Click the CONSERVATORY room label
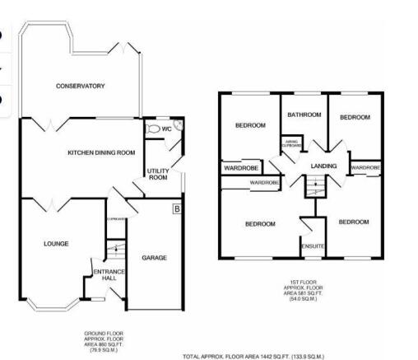coord(81,86)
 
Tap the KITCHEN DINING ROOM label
coord(100,152)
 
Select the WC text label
coord(166,129)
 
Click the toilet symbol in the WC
coord(151,129)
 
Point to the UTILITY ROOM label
coord(157,174)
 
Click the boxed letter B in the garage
coord(175,208)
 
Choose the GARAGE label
coord(154,258)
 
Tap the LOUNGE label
coord(56,243)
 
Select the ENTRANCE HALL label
coord(108,275)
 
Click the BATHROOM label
coord(304,115)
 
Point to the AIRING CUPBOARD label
coord(292,143)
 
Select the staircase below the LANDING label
coord(311,189)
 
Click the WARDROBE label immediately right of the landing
coord(365,168)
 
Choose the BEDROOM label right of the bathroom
coord(355,118)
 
